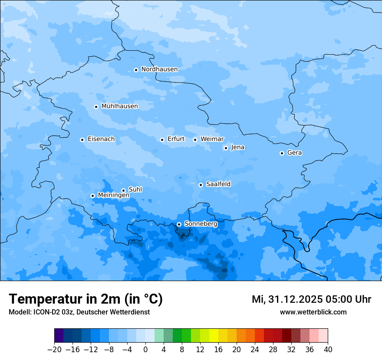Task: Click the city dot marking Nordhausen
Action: click(136, 70)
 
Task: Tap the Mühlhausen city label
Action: click(119, 106)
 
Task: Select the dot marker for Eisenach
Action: click(82, 140)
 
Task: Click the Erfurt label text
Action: click(176, 139)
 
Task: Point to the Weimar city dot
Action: click(195, 140)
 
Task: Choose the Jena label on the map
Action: click(237, 147)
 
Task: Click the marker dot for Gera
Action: click(282, 153)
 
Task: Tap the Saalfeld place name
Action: click(218, 184)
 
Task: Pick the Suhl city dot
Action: click(123, 190)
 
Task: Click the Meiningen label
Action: click(113, 196)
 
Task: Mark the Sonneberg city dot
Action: click(179, 224)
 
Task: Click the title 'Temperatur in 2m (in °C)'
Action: click(86, 299)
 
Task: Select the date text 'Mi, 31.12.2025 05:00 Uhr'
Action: click(311, 299)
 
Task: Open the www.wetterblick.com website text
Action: click(313, 312)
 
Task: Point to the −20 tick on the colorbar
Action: click(54, 349)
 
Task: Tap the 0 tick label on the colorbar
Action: click(145, 349)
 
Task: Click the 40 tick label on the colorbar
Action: click(328, 349)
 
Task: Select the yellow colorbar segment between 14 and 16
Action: click(214, 336)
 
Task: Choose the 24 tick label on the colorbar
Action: click(255, 349)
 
